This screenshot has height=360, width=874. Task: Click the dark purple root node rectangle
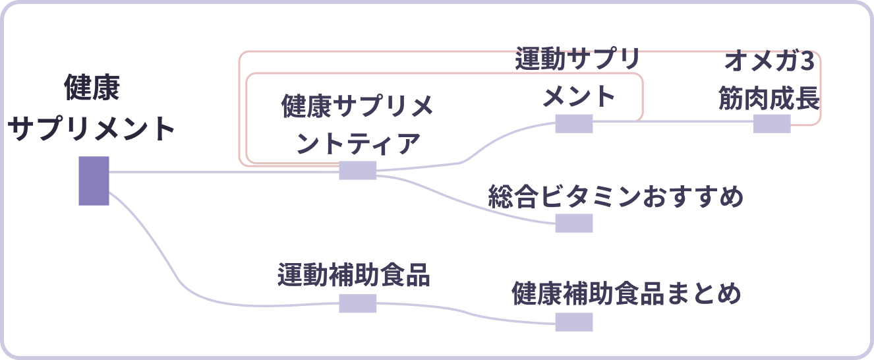pyautogui.click(x=94, y=181)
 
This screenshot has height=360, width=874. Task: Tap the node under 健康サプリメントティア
pyautogui.click(x=357, y=170)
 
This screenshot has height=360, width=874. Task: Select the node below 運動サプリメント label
pyautogui.click(x=573, y=123)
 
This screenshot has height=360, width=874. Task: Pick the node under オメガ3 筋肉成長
pyautogui.click(x=772, y=123)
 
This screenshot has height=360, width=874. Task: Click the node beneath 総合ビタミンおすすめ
pyautogui.click(x=573, y=223)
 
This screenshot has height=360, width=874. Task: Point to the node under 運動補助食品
pyautogui.click(x=357, y=303)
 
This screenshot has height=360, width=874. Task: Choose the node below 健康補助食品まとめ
pyautogui.click(x=573, y=322)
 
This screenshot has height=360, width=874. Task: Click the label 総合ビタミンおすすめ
pyautogui.click(x=616, y=196)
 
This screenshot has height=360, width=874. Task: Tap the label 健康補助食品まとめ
pyautogui.click(x=626, y=294)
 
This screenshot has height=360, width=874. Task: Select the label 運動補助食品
pyautogui.click(x=353, y=275)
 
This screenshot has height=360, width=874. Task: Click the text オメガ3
pyautogui.click(x=769, y=63)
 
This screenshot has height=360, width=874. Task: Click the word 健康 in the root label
pyautogui.click(x=92, y=88)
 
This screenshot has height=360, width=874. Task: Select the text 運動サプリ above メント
pyautogui.click(x=577, y=60)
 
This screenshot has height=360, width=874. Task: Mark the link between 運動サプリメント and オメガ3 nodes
pyautogui.click(x=672, y=121)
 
